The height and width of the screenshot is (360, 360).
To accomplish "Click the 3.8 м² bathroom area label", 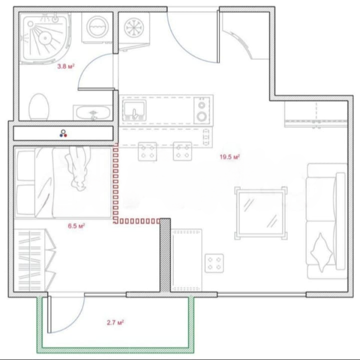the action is coord(66,66).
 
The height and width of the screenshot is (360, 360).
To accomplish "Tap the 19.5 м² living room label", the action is coord(230,157).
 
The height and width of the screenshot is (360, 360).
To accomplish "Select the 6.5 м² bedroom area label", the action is coord(76,226).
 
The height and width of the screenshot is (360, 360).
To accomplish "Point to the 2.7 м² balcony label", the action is coord(115,322).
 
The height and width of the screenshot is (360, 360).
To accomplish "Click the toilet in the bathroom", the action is coord(39,107).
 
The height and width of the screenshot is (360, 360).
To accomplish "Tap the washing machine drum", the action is coord(97,27).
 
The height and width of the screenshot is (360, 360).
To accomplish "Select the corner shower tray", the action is coord(45,37).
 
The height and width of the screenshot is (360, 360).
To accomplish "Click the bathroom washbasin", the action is coord(93,112).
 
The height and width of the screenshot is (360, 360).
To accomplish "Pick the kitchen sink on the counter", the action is coord(134,110).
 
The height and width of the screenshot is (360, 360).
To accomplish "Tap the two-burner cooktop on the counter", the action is coord(202,110).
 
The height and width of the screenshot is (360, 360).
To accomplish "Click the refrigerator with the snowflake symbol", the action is coord(134,28).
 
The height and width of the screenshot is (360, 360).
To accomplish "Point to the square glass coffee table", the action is coord(261,213).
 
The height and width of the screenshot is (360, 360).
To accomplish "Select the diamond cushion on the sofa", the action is coord(321,252).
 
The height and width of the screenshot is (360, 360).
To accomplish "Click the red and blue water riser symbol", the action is coord(63,133).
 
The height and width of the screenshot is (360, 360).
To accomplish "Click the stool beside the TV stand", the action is coord(214,263).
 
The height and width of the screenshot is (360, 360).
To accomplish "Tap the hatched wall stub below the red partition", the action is coord(165,255).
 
